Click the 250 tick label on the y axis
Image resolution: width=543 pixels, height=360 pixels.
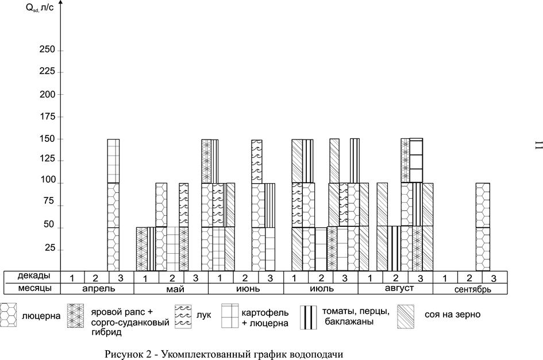48,49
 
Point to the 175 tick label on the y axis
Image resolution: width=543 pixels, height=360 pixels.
48,117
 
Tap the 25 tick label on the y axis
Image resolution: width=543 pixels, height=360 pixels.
49,248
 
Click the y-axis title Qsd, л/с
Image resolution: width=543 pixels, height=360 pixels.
40,7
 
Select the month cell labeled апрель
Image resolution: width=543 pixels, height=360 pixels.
97,289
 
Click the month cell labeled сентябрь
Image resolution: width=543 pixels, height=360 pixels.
470,289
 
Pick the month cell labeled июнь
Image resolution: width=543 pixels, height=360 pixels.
246,289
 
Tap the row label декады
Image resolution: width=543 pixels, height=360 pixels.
33,276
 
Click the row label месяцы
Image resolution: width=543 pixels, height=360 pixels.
34,288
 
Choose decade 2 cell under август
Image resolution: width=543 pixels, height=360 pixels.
395,277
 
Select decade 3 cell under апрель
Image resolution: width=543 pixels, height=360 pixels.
121,277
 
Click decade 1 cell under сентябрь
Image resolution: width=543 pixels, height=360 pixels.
445,277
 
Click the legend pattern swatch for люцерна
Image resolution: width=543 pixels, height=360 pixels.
8,315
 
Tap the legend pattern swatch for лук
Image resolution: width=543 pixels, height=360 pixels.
183,316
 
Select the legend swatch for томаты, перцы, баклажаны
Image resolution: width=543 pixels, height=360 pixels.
308,317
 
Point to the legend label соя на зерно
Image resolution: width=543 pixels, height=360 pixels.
452,314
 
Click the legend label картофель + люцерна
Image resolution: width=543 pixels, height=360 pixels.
265,318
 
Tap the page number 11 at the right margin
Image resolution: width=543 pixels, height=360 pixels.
538,145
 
